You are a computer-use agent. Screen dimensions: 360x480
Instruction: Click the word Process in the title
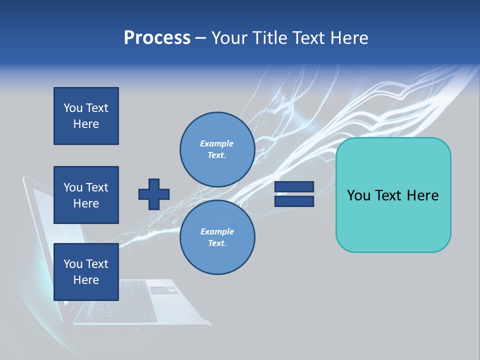pos(157,38)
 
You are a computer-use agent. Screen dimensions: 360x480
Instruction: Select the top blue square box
pos(86,116)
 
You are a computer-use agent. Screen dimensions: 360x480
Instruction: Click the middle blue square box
pos(86,195)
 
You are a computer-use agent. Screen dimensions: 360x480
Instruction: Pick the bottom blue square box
pos(86,272)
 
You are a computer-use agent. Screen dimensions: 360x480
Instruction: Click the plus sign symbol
pos(154,194)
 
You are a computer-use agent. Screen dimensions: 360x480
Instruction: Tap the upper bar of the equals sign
pos(294,187)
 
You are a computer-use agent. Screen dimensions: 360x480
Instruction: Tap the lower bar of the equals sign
pos(294,201)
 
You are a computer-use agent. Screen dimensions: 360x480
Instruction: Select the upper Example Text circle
pos(217,149)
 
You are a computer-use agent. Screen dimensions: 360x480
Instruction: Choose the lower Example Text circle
pos(217,237)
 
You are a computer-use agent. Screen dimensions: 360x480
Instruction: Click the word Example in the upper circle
pos(217,143)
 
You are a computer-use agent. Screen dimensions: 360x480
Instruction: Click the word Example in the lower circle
pos(217,231)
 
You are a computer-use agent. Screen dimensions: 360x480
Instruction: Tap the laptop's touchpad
pos(163,290)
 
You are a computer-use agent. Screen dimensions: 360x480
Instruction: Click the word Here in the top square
pos(86,124)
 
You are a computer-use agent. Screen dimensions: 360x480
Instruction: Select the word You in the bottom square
pos(73,264)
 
